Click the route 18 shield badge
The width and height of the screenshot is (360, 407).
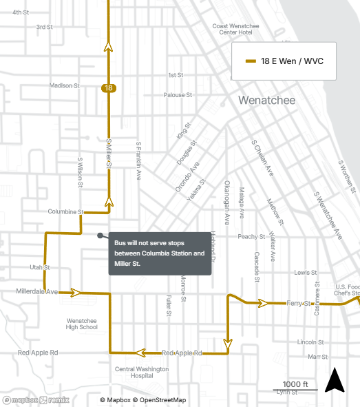(108, 87)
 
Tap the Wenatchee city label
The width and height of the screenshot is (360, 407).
(266, 101)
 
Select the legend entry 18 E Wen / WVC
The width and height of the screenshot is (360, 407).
(285, 61)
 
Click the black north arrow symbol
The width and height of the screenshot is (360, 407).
(334, 380)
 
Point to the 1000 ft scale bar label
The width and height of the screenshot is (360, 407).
(295, 384)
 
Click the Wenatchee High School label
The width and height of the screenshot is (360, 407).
(82, 324)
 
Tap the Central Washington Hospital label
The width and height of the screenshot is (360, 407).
(141, 373)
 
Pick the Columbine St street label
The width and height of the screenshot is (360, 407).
(66, 212)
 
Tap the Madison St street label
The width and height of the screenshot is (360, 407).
(65, 85)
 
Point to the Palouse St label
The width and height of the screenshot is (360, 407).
(177, 95)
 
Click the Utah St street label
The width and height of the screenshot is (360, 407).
(40, 267)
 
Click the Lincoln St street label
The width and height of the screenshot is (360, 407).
(310, 342)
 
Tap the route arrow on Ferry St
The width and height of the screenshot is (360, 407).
(262, 302)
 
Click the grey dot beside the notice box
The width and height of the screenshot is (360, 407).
(100, 236)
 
